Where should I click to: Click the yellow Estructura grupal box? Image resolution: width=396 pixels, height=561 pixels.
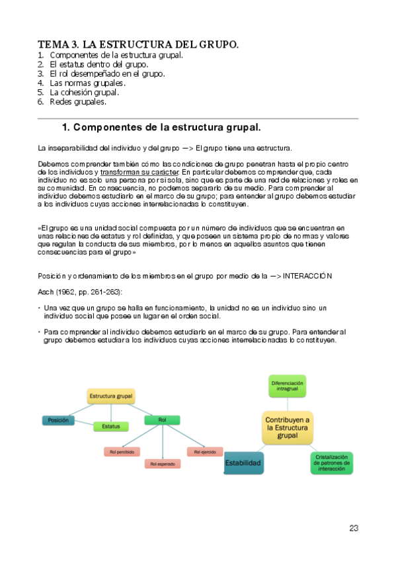pos(110,396)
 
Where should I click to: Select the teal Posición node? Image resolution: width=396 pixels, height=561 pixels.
pos(58,420)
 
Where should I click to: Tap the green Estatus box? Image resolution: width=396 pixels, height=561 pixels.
pos(110,427)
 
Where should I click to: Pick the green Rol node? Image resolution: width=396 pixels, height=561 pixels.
pos(163,419)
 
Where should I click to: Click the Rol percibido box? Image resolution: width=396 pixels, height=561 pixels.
pos(122,452)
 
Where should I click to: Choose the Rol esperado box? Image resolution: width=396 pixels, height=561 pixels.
pos(162,464)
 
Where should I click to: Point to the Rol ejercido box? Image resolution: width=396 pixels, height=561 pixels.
pos(204,452)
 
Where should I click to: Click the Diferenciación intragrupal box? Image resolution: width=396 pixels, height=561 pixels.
pos(287,386)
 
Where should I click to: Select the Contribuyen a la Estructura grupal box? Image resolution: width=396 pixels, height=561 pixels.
pos(288,427)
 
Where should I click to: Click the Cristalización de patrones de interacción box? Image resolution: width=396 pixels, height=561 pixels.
pos(331,463)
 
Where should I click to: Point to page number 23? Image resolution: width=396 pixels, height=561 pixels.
pos(354,528)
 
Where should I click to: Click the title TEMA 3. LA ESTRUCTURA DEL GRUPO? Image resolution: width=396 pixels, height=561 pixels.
pos(138,44)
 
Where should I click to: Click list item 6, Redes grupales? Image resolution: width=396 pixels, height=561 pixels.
pos(78,102)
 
